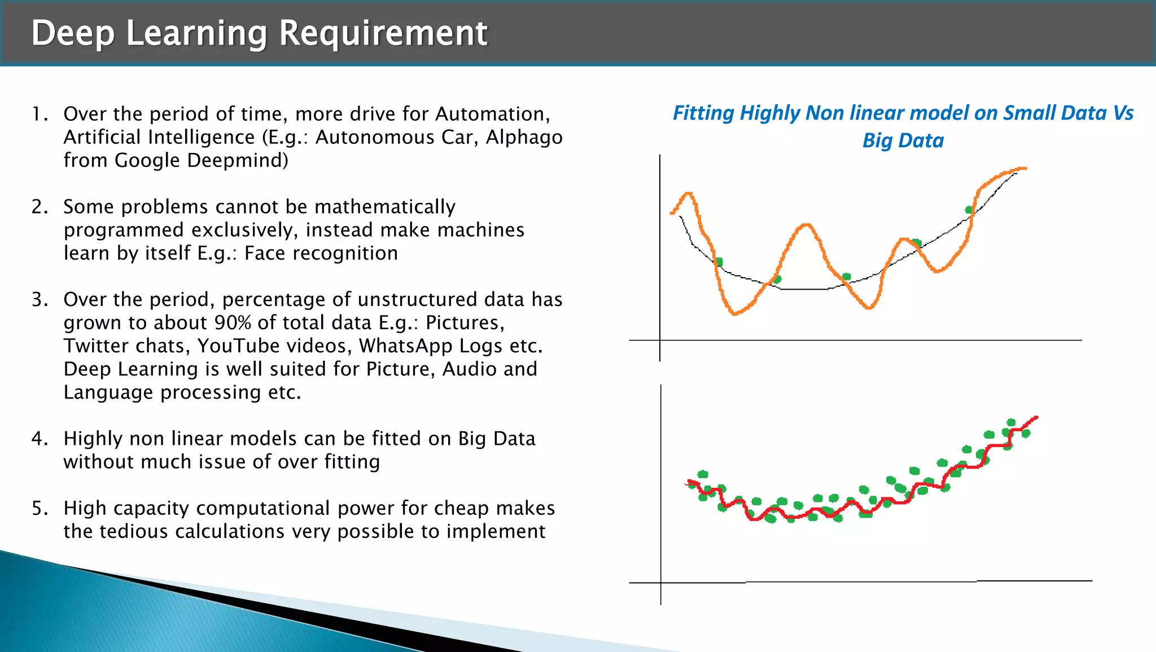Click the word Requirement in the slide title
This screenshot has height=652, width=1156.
[383, 33]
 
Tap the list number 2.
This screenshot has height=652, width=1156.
[39, 207]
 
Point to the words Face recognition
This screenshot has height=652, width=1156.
[321, 253]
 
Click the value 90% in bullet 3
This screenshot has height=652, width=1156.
[233, 323]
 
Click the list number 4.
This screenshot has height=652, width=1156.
[39, 439]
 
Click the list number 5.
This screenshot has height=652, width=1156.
[39, 509]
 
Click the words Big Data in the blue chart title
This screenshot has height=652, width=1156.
[903, 141]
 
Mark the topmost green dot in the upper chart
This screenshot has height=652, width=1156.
[969, 210]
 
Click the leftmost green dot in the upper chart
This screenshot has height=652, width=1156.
[719, 262]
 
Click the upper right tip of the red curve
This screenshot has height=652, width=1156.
[1036, 418]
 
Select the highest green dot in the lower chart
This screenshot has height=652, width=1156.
[1011, 422]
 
